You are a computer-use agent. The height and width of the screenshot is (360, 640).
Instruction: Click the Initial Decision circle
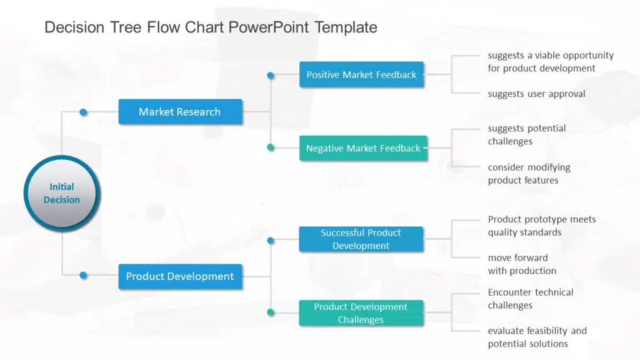(61, 193)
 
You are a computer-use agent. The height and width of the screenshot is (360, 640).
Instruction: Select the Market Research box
(180, 112)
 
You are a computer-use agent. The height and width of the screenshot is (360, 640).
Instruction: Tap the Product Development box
(180, 276)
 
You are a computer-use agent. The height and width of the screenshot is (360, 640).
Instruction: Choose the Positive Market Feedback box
(361, 74)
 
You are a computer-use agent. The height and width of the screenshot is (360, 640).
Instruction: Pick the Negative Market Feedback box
(363, 148)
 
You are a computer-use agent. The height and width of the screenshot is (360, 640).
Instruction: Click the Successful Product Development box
(361, 239)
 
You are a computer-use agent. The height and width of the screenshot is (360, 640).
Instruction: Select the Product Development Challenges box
(361, 313)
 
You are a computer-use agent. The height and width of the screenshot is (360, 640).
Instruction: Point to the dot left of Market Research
(83, 112)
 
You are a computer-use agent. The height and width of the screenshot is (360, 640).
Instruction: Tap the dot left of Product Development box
(83, 274)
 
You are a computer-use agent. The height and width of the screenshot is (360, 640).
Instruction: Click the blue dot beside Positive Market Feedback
(271, 76)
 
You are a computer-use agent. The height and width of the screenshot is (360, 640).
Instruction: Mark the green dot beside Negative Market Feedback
(271, 147)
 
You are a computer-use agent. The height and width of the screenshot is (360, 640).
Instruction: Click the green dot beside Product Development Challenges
(271, 312)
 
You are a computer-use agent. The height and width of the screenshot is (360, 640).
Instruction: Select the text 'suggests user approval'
(536, 94)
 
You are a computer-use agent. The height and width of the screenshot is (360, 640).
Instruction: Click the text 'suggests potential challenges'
(526, 135)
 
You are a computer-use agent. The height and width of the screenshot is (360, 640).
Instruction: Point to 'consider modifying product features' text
(529, 174)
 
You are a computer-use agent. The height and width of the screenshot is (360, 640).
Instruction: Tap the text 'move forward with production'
(522, 264)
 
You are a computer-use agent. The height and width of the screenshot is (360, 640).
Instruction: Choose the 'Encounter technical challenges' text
(530, 299)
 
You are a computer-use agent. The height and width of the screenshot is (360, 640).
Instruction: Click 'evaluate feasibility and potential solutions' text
(537, 337)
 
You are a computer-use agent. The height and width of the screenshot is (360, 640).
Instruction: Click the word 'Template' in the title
(346, 27)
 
